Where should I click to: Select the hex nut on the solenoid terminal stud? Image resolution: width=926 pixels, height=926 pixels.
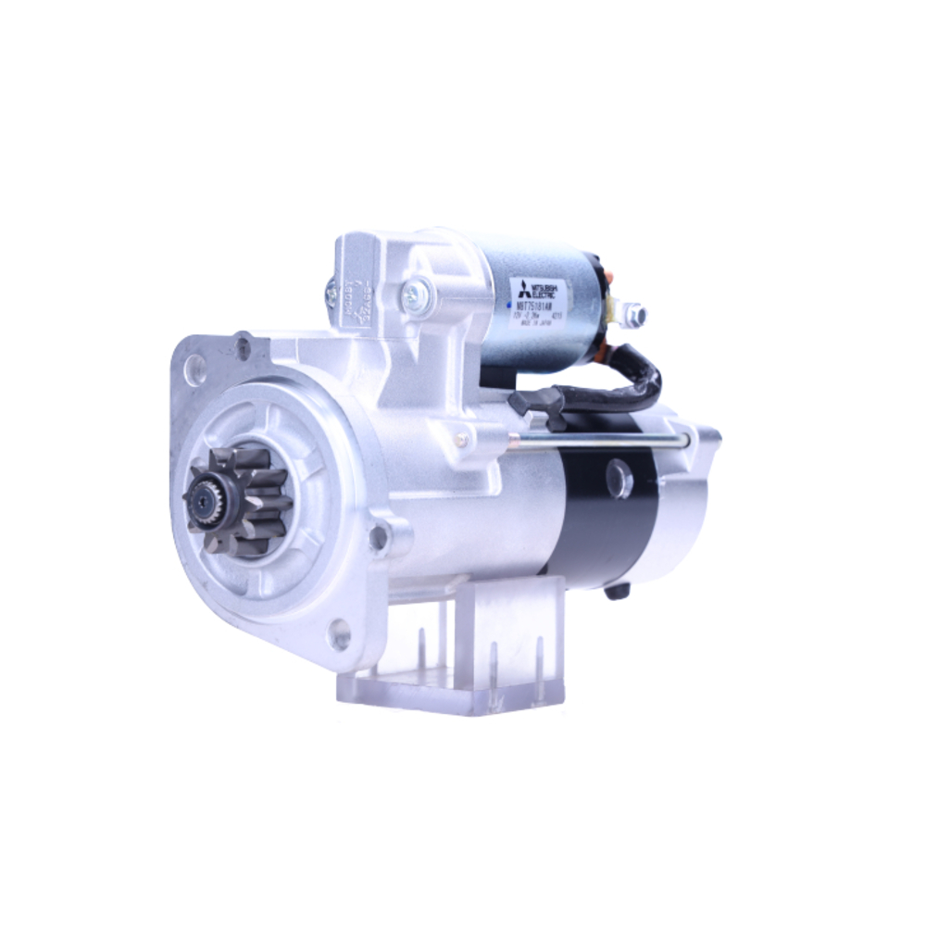634,316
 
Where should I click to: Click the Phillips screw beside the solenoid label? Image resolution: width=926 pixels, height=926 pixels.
411,295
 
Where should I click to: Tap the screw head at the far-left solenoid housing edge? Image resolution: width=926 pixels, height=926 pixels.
332,294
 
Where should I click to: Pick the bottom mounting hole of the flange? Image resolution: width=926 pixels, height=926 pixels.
341,635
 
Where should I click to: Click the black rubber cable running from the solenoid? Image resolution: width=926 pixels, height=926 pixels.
639,370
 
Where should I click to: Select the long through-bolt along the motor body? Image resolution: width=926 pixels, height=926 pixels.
602,436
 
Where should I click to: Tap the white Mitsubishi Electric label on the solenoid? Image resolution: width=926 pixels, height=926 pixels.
541,305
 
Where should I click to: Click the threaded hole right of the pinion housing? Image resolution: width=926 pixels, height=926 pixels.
378,535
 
